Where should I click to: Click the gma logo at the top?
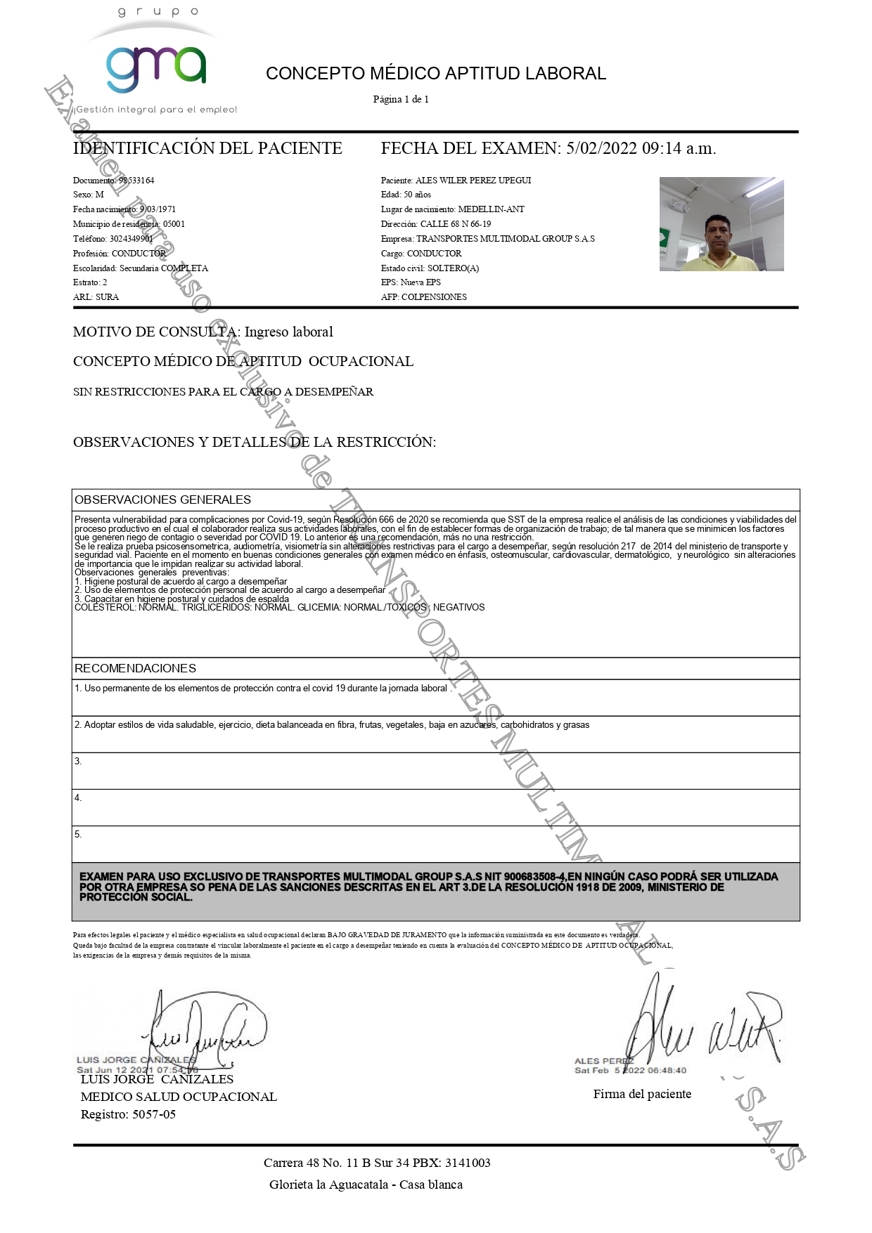156,68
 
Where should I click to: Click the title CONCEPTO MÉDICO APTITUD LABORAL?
435,74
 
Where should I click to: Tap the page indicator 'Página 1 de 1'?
401,100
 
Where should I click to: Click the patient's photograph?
722,224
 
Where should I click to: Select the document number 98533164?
136,181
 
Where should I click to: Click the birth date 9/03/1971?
158,209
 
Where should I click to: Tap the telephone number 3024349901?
132,239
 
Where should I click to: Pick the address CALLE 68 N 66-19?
456,224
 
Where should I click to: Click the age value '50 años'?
417,195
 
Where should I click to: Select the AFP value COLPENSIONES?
434,297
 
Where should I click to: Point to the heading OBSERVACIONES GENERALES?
162,500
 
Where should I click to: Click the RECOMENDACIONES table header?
135,668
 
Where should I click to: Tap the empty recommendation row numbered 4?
435,807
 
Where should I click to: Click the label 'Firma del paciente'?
642,1094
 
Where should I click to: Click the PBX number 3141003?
468,1163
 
